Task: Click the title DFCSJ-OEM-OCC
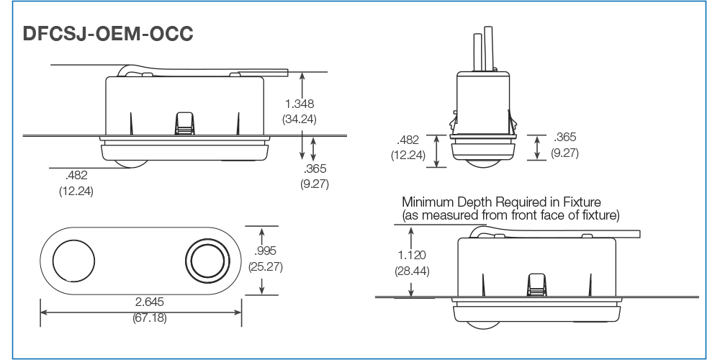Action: pyautogui.click(x=108, y=34)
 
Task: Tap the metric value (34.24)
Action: pyautogui.click(x=300, y=120)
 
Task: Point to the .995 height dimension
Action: pyautogui.click(x=265, y=251)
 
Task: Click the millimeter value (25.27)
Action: pyautogui.click(x=265, y=266)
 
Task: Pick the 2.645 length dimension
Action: pyautogui.click(x=149, y=302)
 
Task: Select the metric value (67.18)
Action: pyautogui.click(x=150, y=318)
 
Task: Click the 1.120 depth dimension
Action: pyautogui.click(x=411, y=255)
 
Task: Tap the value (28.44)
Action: pyautogui.click(x=412, y=271)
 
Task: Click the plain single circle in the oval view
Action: pyautogui.click(x=74, y=261)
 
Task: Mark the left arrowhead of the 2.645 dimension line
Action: pyautogui.click(x=44, y=312)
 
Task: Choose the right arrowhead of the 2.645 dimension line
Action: pyautogui.click(x=238, y=312)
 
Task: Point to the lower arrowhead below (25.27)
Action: pyautogui.click(x=262, y=289)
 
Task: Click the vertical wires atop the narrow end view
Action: pyautogui.click(x=483, y=49)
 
